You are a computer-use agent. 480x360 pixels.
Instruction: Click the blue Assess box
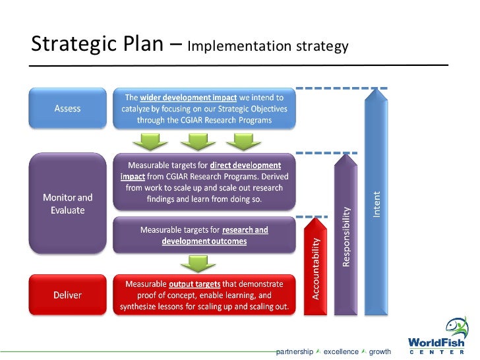(x=67, y=109)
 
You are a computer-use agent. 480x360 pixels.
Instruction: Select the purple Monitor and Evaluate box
(x=67, y=203)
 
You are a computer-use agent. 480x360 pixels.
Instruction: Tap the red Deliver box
(x=67, y=295)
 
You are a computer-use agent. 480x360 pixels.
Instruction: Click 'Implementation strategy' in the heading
(x=267, y=47)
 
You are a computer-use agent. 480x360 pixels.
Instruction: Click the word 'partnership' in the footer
(x=294, y=352)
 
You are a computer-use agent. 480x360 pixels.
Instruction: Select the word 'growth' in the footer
(x=380, y=352)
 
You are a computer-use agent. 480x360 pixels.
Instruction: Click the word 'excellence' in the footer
(x=341, y=352)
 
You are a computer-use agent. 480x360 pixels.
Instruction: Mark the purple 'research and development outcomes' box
(x=204, y=235)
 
